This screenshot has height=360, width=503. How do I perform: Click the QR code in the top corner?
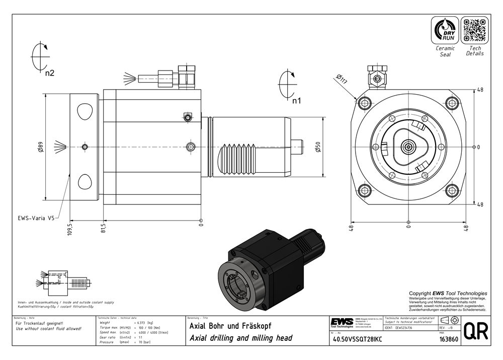(475, 30)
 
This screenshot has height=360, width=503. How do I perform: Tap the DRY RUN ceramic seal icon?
(445, 30)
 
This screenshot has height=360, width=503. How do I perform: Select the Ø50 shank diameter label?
(317, 147)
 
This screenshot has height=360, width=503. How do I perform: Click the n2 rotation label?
(49, 74)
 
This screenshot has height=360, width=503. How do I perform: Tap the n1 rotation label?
(297, 101)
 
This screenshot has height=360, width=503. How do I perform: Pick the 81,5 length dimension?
(104, 229)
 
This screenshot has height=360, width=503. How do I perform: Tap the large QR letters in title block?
(475, 331)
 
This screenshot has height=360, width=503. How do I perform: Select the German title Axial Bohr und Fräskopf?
(229, 326)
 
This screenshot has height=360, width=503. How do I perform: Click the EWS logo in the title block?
(342, 322)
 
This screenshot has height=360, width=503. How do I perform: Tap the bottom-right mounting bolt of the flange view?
(452, 190)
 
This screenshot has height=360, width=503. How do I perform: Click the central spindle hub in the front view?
(408, 148)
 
